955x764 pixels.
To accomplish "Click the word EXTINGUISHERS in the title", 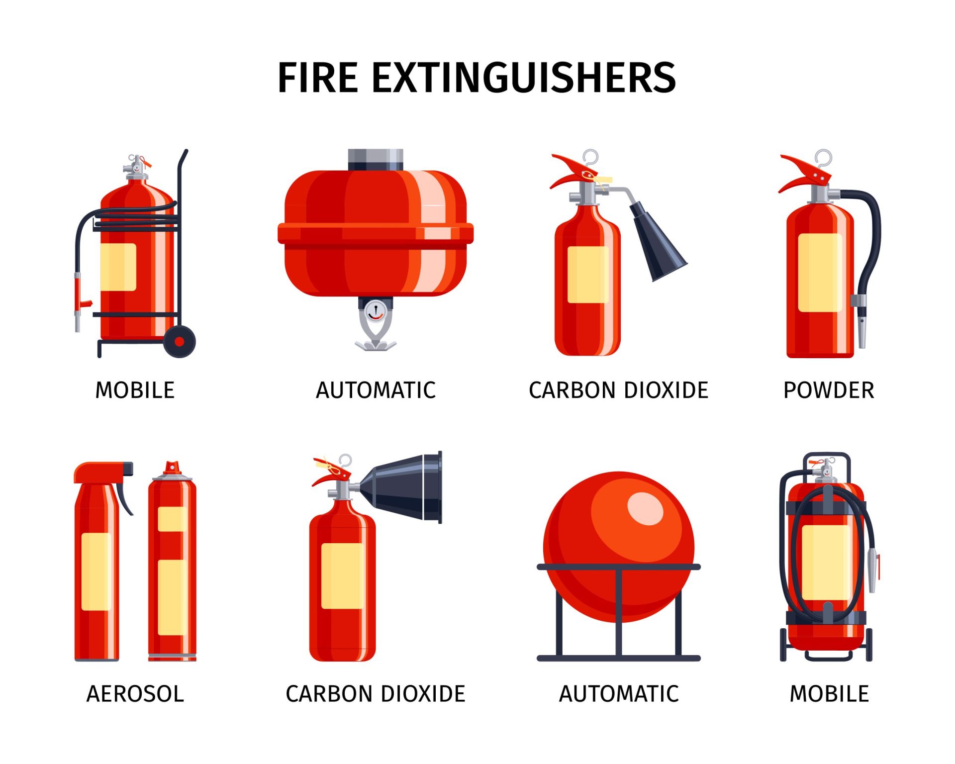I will click(x=524, y=78).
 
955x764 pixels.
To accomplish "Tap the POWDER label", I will click(x=829, y=390).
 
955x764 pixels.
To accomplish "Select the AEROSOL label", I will click(x=135, y=694).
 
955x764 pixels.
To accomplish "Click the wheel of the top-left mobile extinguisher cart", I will click(x=179, y=342).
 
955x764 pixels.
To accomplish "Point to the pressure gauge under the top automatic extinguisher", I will click(x=375, y=312).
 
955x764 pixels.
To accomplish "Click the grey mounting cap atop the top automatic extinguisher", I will click(x=375, y=160).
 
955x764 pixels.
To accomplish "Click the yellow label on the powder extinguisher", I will click(x=819, y=273).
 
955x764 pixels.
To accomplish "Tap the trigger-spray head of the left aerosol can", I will click(x=102, y=472).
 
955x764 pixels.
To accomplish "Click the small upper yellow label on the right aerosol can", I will click(x=172, y=519).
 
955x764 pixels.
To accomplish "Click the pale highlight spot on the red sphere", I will click(x=645, y=508).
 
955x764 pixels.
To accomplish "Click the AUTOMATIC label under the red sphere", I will click(x=619, y=694).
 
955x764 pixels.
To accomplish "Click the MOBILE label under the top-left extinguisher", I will click(x=135, y=390).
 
